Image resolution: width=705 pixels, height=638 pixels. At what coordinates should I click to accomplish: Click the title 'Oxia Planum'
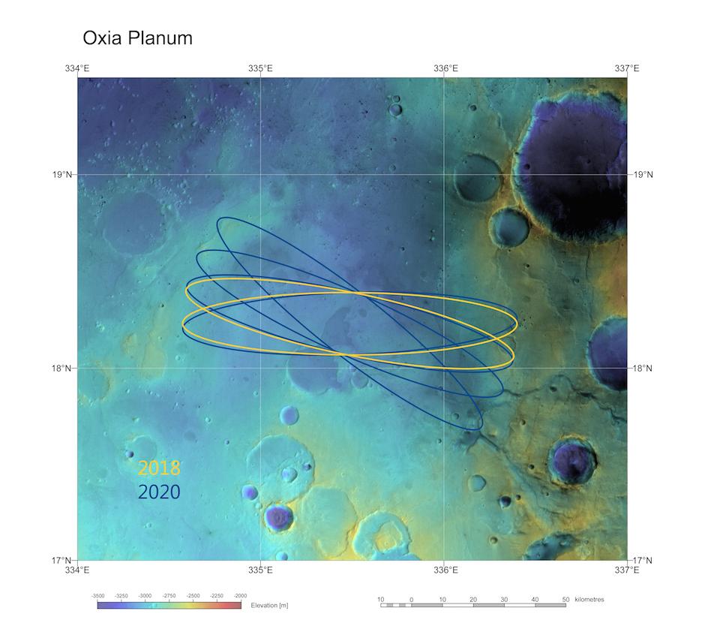coord(137,38)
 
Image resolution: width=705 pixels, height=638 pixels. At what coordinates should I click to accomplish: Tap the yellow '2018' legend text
coord(159,468)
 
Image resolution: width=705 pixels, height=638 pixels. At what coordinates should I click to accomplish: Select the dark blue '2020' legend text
coord(159,492)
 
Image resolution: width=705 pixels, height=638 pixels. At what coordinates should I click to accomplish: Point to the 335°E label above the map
coord(260,68)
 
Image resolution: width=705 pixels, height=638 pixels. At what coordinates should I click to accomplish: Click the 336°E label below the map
coord(445,570)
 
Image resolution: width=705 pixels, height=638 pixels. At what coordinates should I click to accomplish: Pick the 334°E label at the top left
coord(77,68)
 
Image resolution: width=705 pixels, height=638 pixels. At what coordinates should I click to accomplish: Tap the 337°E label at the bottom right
coord(627,570)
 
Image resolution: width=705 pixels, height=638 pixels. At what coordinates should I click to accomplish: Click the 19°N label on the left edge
coord(63,175)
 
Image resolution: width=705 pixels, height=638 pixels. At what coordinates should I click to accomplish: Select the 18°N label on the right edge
coord(643,368)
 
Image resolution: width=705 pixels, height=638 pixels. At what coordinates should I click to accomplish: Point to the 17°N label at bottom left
coord(63,560)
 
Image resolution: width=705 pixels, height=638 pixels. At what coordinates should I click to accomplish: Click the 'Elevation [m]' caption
coord(269,605)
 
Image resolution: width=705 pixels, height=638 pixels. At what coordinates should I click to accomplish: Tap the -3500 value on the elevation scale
coord(97,595)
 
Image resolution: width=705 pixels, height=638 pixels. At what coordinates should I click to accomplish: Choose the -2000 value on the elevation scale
coord(240,595)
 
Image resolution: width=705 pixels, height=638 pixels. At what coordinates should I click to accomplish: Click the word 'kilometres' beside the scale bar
coord(589,599)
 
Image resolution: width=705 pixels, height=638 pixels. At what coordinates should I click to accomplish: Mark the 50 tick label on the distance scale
coord(565,599)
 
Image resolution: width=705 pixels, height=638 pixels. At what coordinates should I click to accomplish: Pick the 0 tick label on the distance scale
coord(411,599)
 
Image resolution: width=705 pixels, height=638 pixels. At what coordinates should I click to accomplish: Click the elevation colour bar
coord(169,604)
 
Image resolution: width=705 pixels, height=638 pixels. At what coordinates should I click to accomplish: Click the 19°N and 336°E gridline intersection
coord(444,175)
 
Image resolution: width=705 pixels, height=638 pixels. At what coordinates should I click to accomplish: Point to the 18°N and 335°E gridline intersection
coord(260,368)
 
